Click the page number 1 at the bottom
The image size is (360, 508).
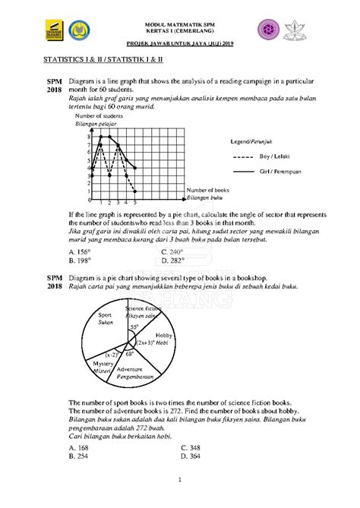click(x=180, y=479)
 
